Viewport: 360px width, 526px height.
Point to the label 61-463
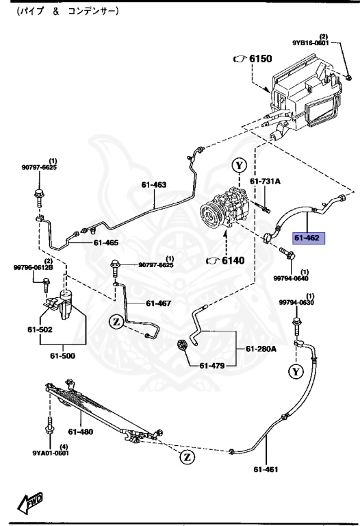pyautogui.click(x=154, y=184)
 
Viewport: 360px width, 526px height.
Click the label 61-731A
pyautogui.click(x=264, y=181)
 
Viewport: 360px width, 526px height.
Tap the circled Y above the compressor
pyautogui.click(x=238, y=166)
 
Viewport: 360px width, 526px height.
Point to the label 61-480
pyautogui.click(x=79, y=431)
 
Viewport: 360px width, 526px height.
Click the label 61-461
pyautogui.click(x=266, y=470)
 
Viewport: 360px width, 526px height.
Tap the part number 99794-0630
pyautogui.click(x=296, y=303)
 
